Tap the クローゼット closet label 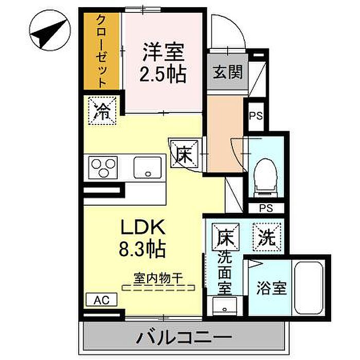click(x=101, y=51)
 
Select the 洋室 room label click(x=163, y=52)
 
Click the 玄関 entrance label click(x=228, y=72)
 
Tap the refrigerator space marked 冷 click(x=102, y=111)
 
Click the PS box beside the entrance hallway click(x=256, y=116)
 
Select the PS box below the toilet click(x=266, y=208)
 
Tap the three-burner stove click(x=103, y=168)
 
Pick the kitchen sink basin click(x=148, y=167)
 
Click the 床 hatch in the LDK click(x=184, y=154)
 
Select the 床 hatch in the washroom click(x=225, y=237)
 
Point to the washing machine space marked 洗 click(x=267, y=237)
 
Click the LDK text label click(x=143, y=227)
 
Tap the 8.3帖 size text click(x=142, y=248)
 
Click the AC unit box click(x=101, y=300)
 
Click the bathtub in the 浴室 click(x=309, y=288)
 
